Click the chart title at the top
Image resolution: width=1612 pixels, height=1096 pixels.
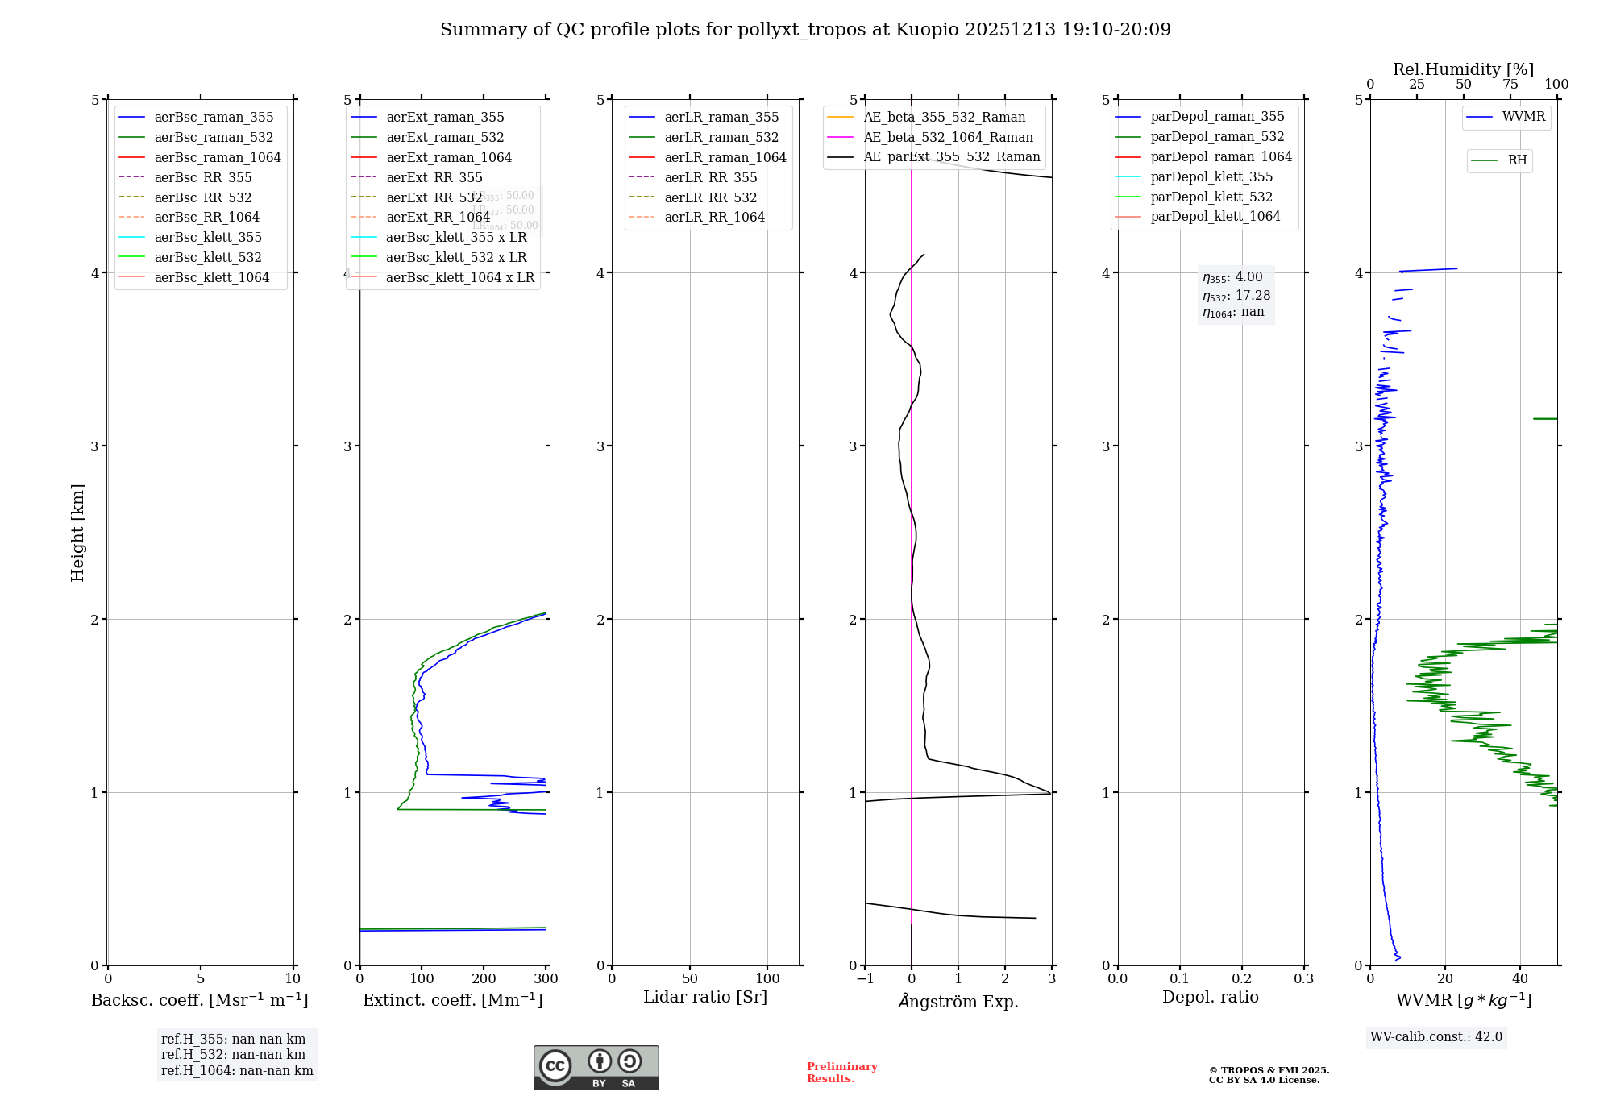coord(805,30)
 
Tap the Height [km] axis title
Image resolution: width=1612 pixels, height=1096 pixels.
coord(77,533)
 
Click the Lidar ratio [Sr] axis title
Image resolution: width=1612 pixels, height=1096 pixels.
coord(705,998)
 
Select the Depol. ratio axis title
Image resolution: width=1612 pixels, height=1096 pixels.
coord(1210,998)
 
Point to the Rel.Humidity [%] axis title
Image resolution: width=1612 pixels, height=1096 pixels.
coord(1463,69)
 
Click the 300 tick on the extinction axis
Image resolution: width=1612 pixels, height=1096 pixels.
coord(546,979)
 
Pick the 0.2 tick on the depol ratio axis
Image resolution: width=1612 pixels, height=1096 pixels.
coord(1242,979)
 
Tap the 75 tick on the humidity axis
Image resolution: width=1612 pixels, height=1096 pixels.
coord(1510,85)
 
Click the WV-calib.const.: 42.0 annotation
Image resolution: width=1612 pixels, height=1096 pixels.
coord(1436,1037)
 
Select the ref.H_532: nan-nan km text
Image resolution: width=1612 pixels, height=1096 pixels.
coord(233,1055)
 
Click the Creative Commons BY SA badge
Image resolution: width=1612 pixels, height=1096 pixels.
coord(596,1068)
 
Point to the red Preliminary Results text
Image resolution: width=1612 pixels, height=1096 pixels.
coord(841,1073)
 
